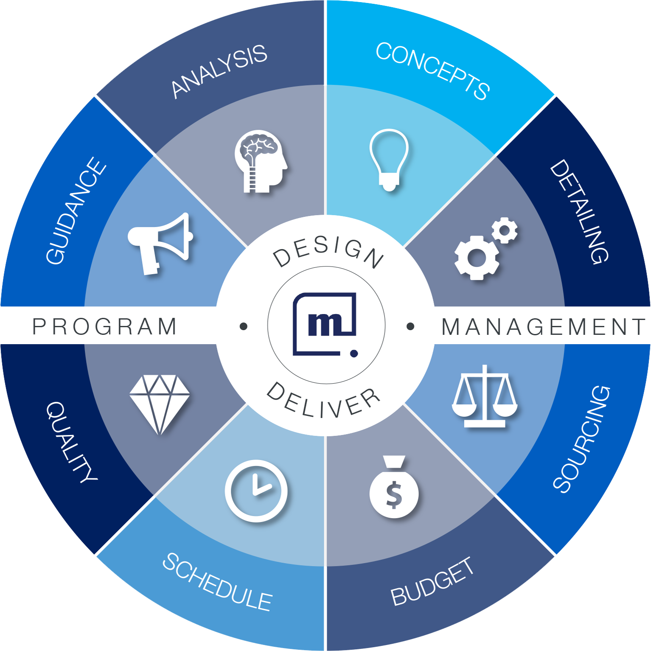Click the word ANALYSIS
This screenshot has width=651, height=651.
pos(219,71)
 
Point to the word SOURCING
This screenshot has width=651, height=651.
pos(582,439)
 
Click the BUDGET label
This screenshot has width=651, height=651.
pos(432,581)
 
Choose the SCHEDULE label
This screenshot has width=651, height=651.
pos(217,582)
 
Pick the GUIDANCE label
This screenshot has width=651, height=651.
pos(76,211)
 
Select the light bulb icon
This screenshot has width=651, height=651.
pos(389,160)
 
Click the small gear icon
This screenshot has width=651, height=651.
pos(505,230)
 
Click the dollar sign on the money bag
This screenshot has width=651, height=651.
pos(394,494)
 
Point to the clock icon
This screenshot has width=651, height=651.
pos(256,491)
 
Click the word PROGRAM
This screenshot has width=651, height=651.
pos(105,326)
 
